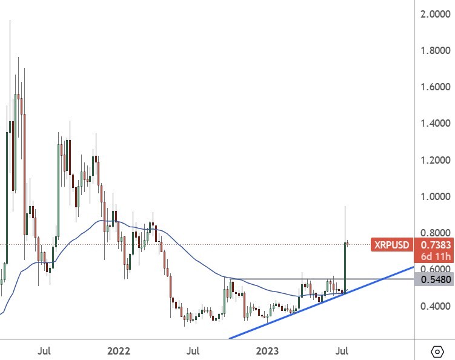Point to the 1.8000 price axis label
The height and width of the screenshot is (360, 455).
point(435,50)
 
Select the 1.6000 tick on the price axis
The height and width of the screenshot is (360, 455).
point(435,87)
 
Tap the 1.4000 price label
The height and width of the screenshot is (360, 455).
point(435,124)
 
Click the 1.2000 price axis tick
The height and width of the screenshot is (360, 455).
point(435,160)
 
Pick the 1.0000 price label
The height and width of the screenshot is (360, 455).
point(435,196)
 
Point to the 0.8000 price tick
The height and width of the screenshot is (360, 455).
point(435,233)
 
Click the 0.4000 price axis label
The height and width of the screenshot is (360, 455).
point(435,306)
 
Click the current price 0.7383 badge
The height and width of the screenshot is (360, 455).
point(435,245)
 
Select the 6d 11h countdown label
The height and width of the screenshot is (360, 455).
point(435,257)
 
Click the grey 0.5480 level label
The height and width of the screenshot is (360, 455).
point(435,279)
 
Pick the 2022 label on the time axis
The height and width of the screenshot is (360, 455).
point(118,350)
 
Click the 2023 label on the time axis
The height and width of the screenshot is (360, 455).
point(268,350)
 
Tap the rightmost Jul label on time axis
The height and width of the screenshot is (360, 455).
point(343,350)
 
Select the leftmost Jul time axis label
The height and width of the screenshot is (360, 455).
point(43,350)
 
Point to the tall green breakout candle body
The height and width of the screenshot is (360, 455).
point(345,267)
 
